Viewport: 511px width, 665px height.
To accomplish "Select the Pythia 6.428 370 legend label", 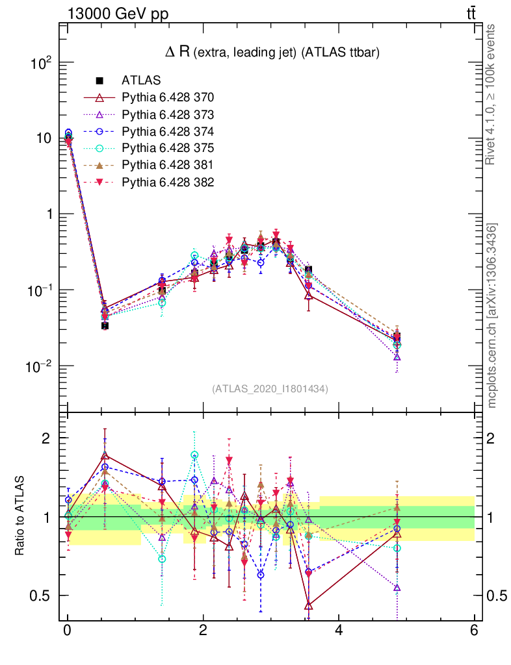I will (x=168, y=98).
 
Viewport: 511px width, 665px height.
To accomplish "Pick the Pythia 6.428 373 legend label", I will (x=168, y=115).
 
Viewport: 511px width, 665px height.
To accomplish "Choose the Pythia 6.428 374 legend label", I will (x=168, y=132).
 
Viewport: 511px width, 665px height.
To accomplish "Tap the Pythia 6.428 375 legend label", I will (x=168, y=149).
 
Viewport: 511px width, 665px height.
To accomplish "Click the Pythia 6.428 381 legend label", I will (x=168, y=166).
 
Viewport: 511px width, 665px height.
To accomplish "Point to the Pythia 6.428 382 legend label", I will (x=168, y=182).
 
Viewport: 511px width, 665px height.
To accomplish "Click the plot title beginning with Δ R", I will (x=272, y=53).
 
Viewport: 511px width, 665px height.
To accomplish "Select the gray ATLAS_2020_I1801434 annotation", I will (x=270, y=389).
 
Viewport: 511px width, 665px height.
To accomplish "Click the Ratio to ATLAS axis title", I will (x=20, y=516).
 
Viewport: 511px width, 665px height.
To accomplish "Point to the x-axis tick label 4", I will (x=338, y=630).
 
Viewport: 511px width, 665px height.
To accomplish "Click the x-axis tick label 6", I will (x=474, y=630).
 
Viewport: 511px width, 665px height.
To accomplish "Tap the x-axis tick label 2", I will (x=203, y=630).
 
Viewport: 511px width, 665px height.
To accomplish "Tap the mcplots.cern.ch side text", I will (x=492, y=316).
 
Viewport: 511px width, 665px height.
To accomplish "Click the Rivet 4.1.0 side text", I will (x=492, y=94).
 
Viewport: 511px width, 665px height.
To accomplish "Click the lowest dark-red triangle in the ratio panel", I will (x=309, y=606).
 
